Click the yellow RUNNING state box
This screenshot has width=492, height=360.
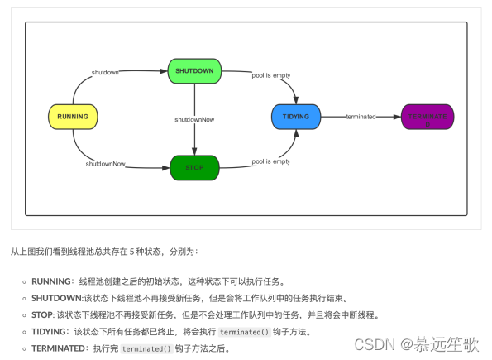[73, 117]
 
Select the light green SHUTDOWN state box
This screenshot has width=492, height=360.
[194, 71]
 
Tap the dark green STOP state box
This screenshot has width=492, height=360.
[194, 167]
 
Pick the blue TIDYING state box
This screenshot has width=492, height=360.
[296, 117]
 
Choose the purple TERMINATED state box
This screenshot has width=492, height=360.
[428, 117]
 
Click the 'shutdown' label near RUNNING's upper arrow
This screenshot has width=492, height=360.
[105, 72]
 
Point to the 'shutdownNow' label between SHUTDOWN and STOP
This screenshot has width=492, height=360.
[194, 120]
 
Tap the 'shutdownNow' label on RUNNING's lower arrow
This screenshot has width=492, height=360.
[105, 164]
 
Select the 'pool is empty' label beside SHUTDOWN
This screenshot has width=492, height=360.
[271, 75]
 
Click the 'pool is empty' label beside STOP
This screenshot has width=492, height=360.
[271, 161]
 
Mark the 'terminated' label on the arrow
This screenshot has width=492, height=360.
[361, 117]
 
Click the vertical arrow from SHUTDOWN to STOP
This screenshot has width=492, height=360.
[194, 99]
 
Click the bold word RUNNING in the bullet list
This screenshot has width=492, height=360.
[50, 281]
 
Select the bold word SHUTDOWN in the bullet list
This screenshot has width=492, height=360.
[55, 298]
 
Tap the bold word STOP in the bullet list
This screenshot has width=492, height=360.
[43, 314]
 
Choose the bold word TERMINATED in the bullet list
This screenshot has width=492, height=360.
[58, 348]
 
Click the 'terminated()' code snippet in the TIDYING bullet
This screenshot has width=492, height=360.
[245, 332]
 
